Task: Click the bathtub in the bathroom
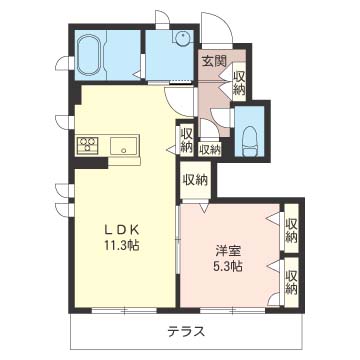click(x=88, y=54)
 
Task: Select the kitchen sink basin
click(x=124, y=146)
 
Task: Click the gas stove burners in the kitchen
click(x=88, y=146)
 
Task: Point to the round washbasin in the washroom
click(x=183, y=38)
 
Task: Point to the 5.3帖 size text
click(x=228, y=266)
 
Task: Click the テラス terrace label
click(x=186, y=331)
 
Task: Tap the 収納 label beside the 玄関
click(x=239, y=83)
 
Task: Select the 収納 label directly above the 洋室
click(x=195, y=180)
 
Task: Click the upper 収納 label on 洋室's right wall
click(x=291, y=230)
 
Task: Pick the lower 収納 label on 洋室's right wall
click(x=291, y=283)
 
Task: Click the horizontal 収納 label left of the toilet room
click(x=210, y=150)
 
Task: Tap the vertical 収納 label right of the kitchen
click(x=187, y=141)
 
